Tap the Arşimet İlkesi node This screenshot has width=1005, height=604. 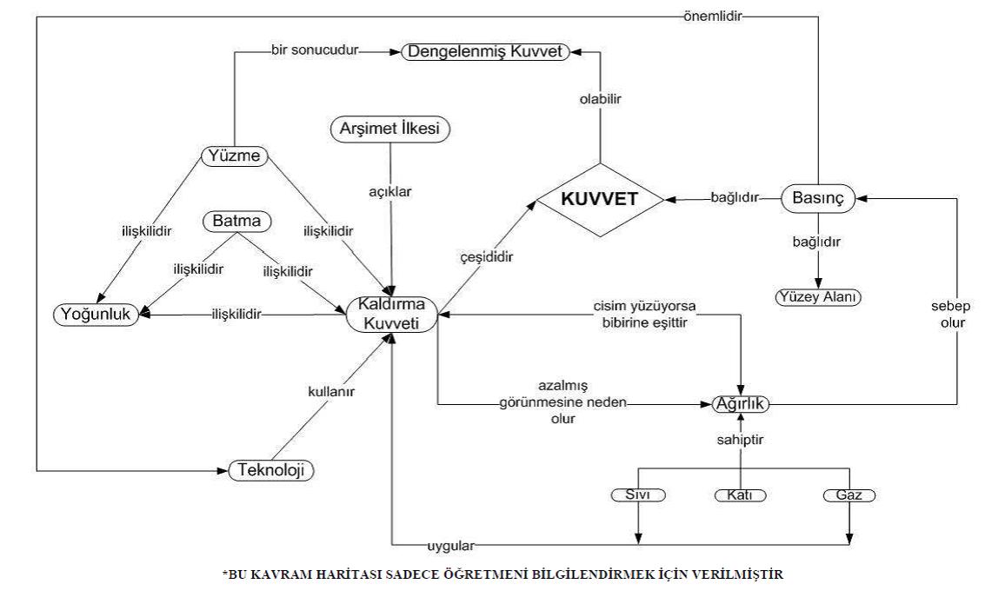(x=393, y=129)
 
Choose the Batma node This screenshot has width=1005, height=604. (x=234, y=222)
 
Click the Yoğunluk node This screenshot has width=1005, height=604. (x=97, y=315)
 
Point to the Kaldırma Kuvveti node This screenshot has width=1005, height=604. (x=391, y=315)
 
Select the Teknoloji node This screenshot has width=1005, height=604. (x=270, y=471)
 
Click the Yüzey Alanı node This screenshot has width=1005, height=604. (x=817, y=297)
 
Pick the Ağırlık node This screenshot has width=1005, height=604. (x=742, y=404)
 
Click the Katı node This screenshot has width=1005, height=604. (x=742, y=496)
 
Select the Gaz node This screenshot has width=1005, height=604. (x=848, y=496)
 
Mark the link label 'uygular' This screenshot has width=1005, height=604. (x=449, y=546)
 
